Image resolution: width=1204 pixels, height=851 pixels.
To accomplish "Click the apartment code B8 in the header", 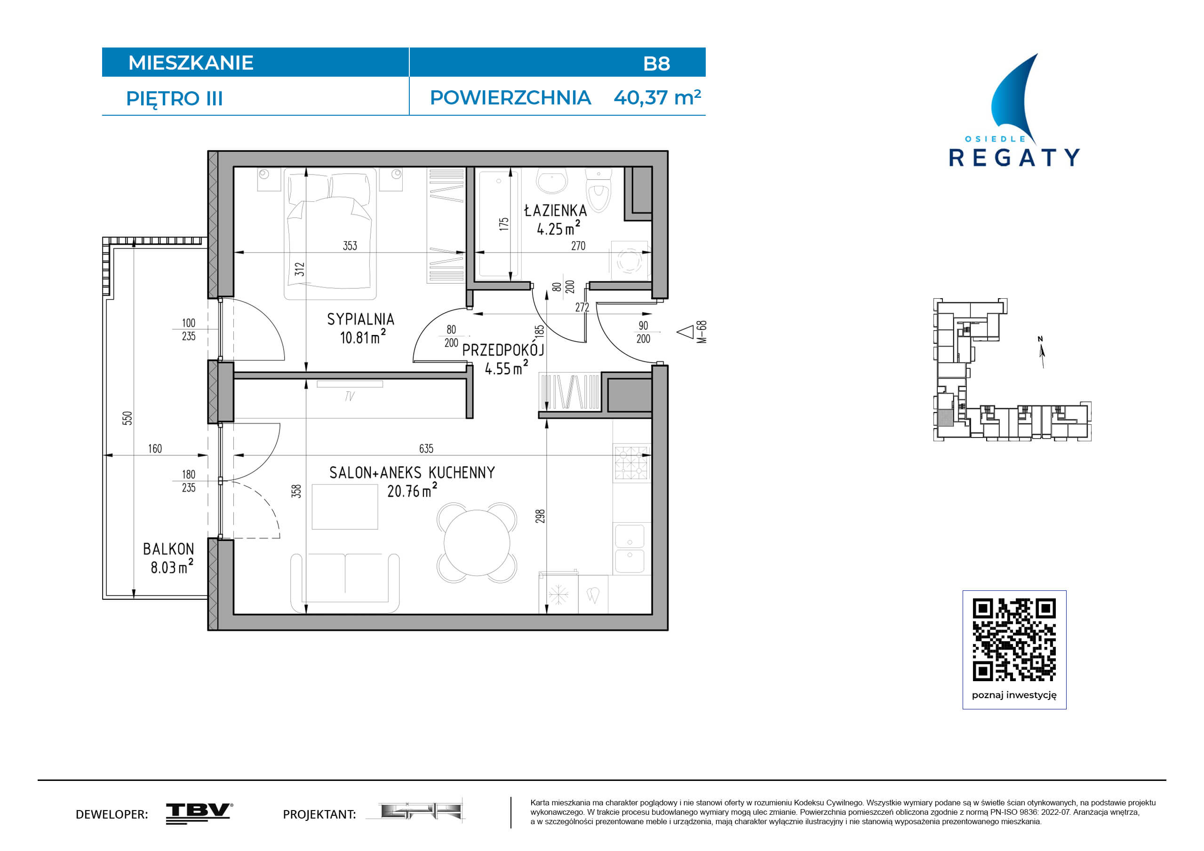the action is (656, 64).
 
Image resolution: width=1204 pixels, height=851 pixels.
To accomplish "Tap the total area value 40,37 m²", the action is (657, 97).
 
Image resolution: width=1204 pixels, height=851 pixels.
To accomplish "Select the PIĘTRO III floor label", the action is (175, 99).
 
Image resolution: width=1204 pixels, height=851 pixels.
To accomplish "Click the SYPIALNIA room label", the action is (360, 319).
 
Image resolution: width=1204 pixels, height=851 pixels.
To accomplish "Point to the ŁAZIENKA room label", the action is (555, 210).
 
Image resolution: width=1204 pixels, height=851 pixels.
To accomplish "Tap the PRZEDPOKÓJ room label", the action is (503, 349).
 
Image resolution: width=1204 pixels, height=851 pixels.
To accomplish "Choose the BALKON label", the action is (168, 549).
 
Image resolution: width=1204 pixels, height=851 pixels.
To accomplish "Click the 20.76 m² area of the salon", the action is (412, 491).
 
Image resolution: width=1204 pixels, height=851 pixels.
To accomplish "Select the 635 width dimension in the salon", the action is (426, 448).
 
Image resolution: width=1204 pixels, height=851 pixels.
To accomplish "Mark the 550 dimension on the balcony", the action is (128, 418).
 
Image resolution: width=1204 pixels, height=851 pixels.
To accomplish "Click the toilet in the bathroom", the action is (598, 190).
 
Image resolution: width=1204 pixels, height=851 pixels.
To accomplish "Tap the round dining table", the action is (477, 543).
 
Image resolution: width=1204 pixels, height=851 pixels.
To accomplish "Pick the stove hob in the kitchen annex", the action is (632, 463).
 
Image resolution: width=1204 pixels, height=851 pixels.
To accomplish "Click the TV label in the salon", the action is (350, 397).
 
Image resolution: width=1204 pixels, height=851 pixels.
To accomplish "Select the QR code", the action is (1014, 640).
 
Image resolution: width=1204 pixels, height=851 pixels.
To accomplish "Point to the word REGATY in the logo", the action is (1014, 157).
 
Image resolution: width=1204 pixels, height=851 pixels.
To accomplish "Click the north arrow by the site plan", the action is (1042, 352).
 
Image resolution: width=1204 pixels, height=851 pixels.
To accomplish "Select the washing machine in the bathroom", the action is (629, 260).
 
